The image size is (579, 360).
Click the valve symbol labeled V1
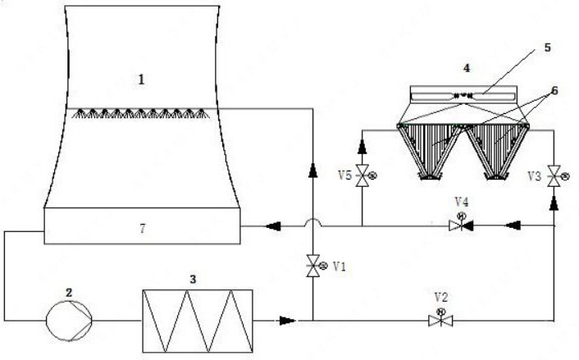[314, 266]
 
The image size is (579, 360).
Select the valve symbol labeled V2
[440, 318]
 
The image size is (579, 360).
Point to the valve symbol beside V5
[363, 175]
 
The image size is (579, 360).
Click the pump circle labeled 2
[69, 320]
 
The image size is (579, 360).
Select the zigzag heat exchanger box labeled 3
[198, 321]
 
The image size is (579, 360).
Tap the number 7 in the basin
[143, 229]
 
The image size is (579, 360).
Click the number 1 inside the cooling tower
[141, 80]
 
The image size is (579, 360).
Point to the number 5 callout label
[547, 48]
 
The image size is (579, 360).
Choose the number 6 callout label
[554, 91]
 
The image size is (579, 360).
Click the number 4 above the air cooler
[467, 68]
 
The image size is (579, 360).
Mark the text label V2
[441, 297]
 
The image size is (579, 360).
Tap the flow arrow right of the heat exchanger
[287, 321]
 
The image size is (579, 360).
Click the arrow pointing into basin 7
[273, 226]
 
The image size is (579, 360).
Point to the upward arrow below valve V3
[554, 203]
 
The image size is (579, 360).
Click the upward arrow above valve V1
[313, 171]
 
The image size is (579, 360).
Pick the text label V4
[462, 202]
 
